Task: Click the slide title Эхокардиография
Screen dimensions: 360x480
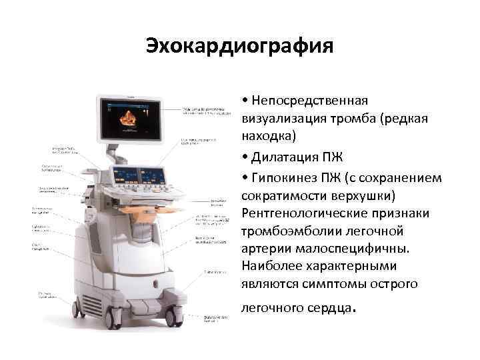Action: tap(239, 47)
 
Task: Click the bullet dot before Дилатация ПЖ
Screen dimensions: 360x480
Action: tap(246, 158)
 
